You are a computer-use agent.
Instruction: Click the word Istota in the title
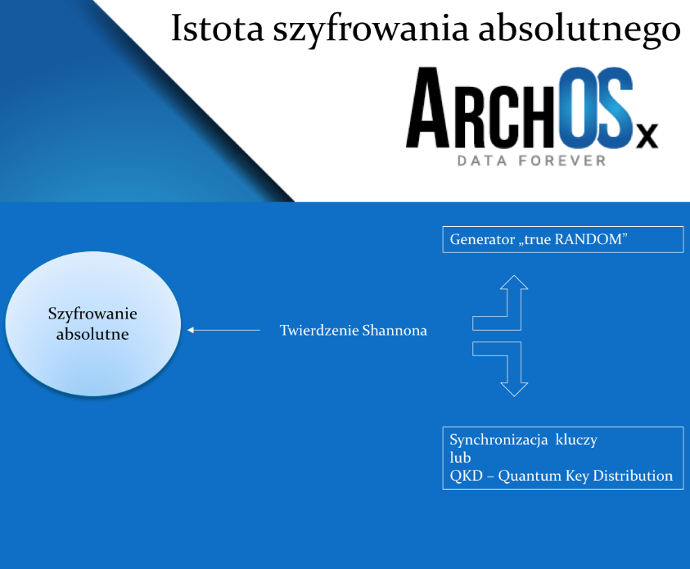pos(218,28)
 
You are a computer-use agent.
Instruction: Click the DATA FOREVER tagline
pos(531,160)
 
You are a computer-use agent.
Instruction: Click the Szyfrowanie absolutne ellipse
pos(92,323)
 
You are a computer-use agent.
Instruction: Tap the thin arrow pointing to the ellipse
pos(223,330)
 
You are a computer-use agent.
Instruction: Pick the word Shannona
pos(395,330)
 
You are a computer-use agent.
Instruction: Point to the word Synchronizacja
pos(498,440)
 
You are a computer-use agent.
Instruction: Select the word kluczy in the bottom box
pos(576,440)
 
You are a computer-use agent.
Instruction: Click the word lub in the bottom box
pos(460,458)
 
